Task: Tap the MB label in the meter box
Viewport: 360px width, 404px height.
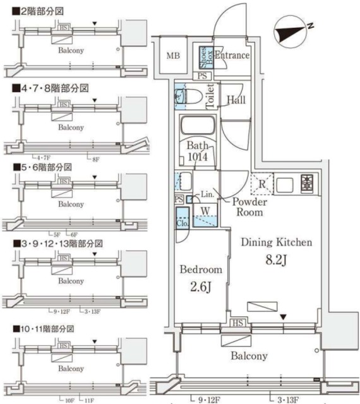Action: (x=173, y=56)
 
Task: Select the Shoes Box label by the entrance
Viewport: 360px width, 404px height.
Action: (x=206, y=56)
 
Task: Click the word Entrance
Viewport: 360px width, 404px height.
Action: (x=232, y=56)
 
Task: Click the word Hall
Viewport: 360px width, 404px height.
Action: (x=236, y=100)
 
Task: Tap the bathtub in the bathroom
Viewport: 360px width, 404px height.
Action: (x=198, y=127)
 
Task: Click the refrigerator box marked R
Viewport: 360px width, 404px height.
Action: (x=260, y=184)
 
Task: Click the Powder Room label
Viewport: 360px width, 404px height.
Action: (x=249, y=207)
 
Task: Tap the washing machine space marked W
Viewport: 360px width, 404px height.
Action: (x=205, y=211)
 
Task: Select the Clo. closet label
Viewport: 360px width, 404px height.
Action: (x=183, y=223)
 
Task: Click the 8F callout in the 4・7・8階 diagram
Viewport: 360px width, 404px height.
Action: (x=95, y=158)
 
